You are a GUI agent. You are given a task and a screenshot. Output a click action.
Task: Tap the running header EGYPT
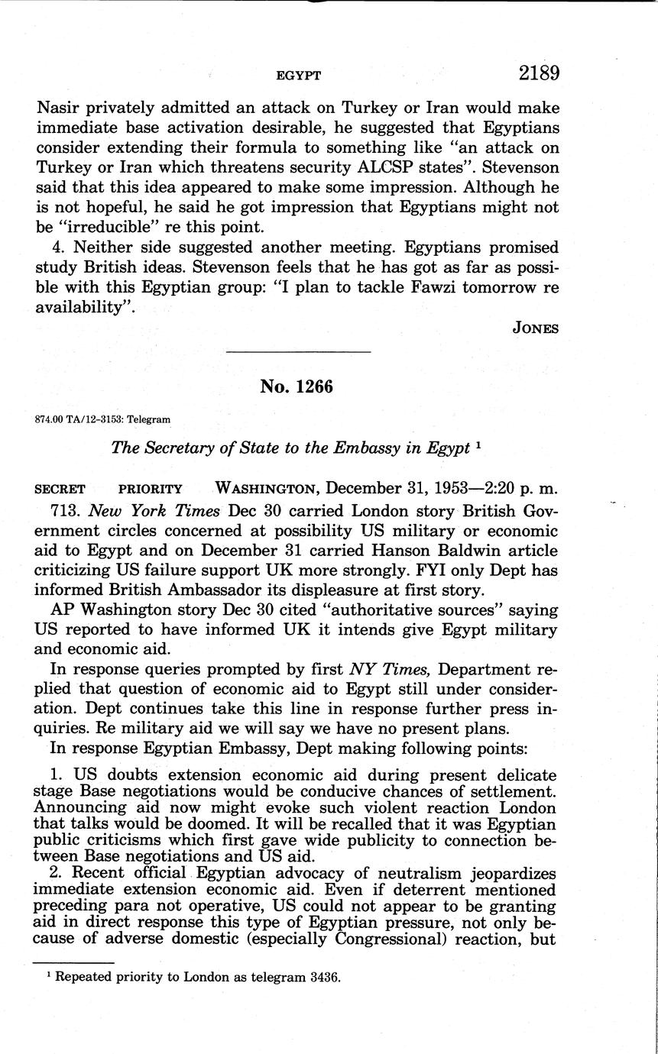[297, 75]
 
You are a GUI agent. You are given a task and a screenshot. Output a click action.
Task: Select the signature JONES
[536, 328]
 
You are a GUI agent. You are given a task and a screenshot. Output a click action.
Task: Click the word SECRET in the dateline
[60, 489]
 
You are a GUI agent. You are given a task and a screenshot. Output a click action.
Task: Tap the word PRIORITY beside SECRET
[151, 489]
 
